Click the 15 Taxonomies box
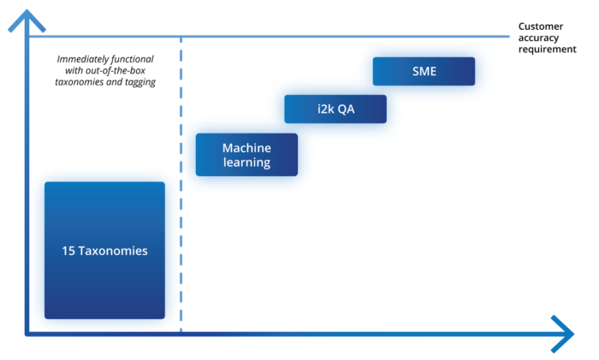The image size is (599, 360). (104, 251)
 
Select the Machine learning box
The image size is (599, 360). (246, 155)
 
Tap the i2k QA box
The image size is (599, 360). (335, 109)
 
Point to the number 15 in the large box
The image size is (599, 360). (68, 251)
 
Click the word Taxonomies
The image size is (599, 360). (112, 251)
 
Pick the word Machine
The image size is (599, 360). (246, 148)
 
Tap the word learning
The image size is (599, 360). (246, 162)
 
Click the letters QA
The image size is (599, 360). (347, 109)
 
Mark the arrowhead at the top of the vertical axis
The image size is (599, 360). (27, 19)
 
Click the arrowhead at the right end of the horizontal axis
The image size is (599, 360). (562, 333)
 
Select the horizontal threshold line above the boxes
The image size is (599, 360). (342, 37)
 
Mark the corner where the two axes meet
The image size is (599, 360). (27, 333)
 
